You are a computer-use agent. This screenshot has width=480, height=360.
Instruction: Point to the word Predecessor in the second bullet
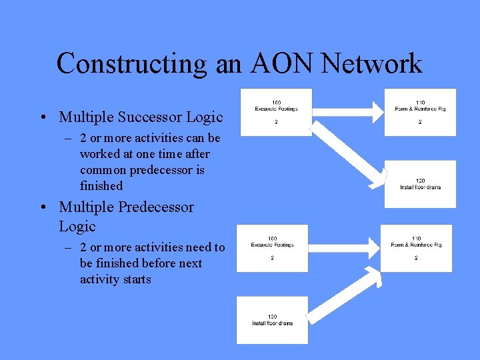156,207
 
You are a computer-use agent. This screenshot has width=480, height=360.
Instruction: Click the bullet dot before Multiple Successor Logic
42,118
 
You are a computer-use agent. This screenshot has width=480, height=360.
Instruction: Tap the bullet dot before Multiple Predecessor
42,207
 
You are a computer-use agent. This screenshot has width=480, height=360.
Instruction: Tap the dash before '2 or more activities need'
68,247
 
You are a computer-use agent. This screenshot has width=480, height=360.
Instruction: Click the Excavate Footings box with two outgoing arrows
276,112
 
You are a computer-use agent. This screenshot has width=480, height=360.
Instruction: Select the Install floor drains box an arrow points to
420,183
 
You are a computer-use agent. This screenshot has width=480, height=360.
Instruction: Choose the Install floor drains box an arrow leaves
272,320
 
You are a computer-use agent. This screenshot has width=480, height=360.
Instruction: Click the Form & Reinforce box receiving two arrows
416,247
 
